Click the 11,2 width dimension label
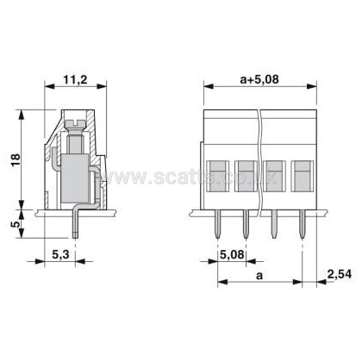point(75,79)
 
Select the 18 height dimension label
point(16,160)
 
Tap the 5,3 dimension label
point(60,254)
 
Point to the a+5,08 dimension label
point(259,79)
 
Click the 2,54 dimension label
point(340,274)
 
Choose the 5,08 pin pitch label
point(232,254)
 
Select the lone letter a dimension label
point(259,276)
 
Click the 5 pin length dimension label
point(16,223)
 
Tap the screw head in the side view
point(76,124)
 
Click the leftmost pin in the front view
point(218,224)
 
